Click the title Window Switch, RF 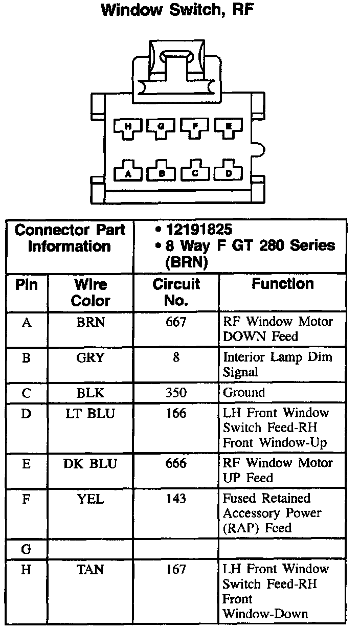click(x=177, y=10)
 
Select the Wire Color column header click(x=91, y=292)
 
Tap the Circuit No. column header click(x=176, y=292)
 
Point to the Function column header click(x=282, y=284)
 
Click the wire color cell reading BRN click(x=91, y=322)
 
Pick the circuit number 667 click(x=176, y=322)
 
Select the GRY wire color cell click(x=91, y=357)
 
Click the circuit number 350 click(x=176, y=393)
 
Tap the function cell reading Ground click(x=243, y=393)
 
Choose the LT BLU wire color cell click(x=91, y=413)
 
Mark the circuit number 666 click(x=176, y=463)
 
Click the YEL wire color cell click(x=91, y=498)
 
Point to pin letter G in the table click(x=26, y=549)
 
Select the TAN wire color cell click(x=91, y=569)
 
